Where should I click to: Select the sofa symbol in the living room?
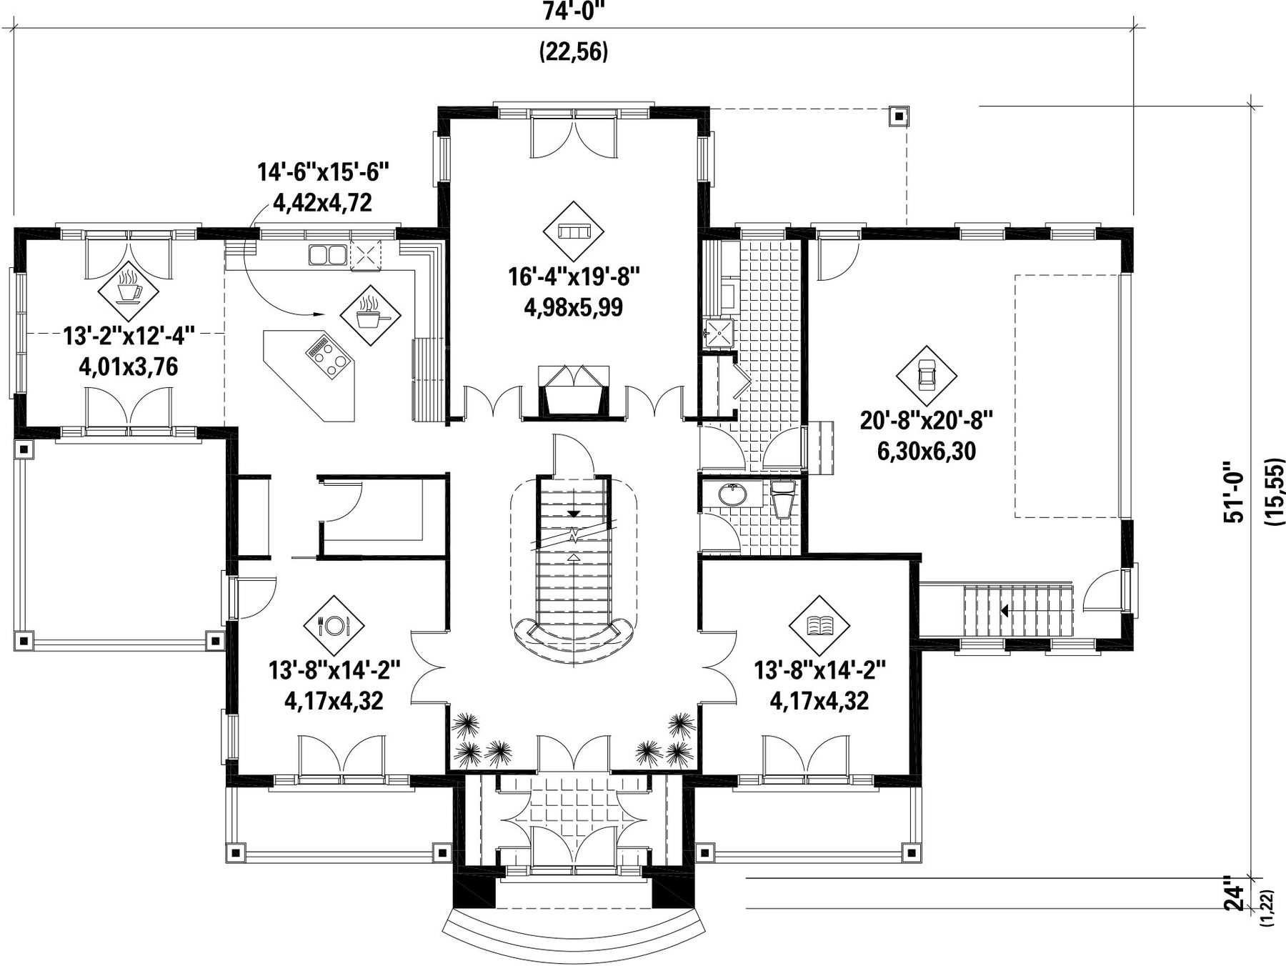[x=573, y=231]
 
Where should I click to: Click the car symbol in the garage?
[x=927, y=374]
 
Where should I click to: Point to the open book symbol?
[x=819, y=626]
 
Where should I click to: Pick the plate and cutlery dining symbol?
[x=334, y=626]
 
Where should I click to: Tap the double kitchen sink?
[x=328, y=255]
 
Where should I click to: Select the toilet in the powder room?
[x=783, y=497]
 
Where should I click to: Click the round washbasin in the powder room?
[x=731, y=494]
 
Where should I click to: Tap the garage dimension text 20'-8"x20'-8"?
[x=926, y=420]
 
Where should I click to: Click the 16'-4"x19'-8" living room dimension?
[x=573, y=276]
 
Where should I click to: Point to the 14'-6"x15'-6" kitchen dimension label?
[x=323, y=172]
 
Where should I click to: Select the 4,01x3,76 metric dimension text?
[x=129, y=367]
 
